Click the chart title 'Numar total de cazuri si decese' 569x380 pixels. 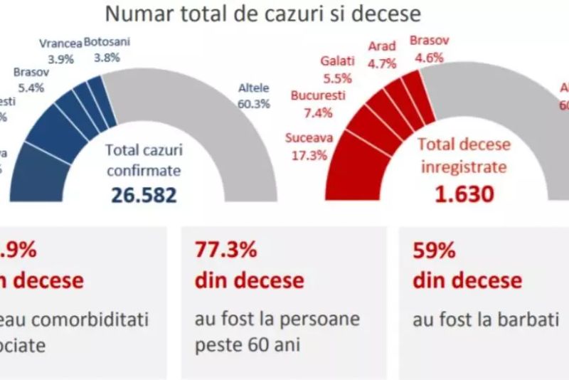pos(262,14)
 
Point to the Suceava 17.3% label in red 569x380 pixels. pos(308,144)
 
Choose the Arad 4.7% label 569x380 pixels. pos(383,53)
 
